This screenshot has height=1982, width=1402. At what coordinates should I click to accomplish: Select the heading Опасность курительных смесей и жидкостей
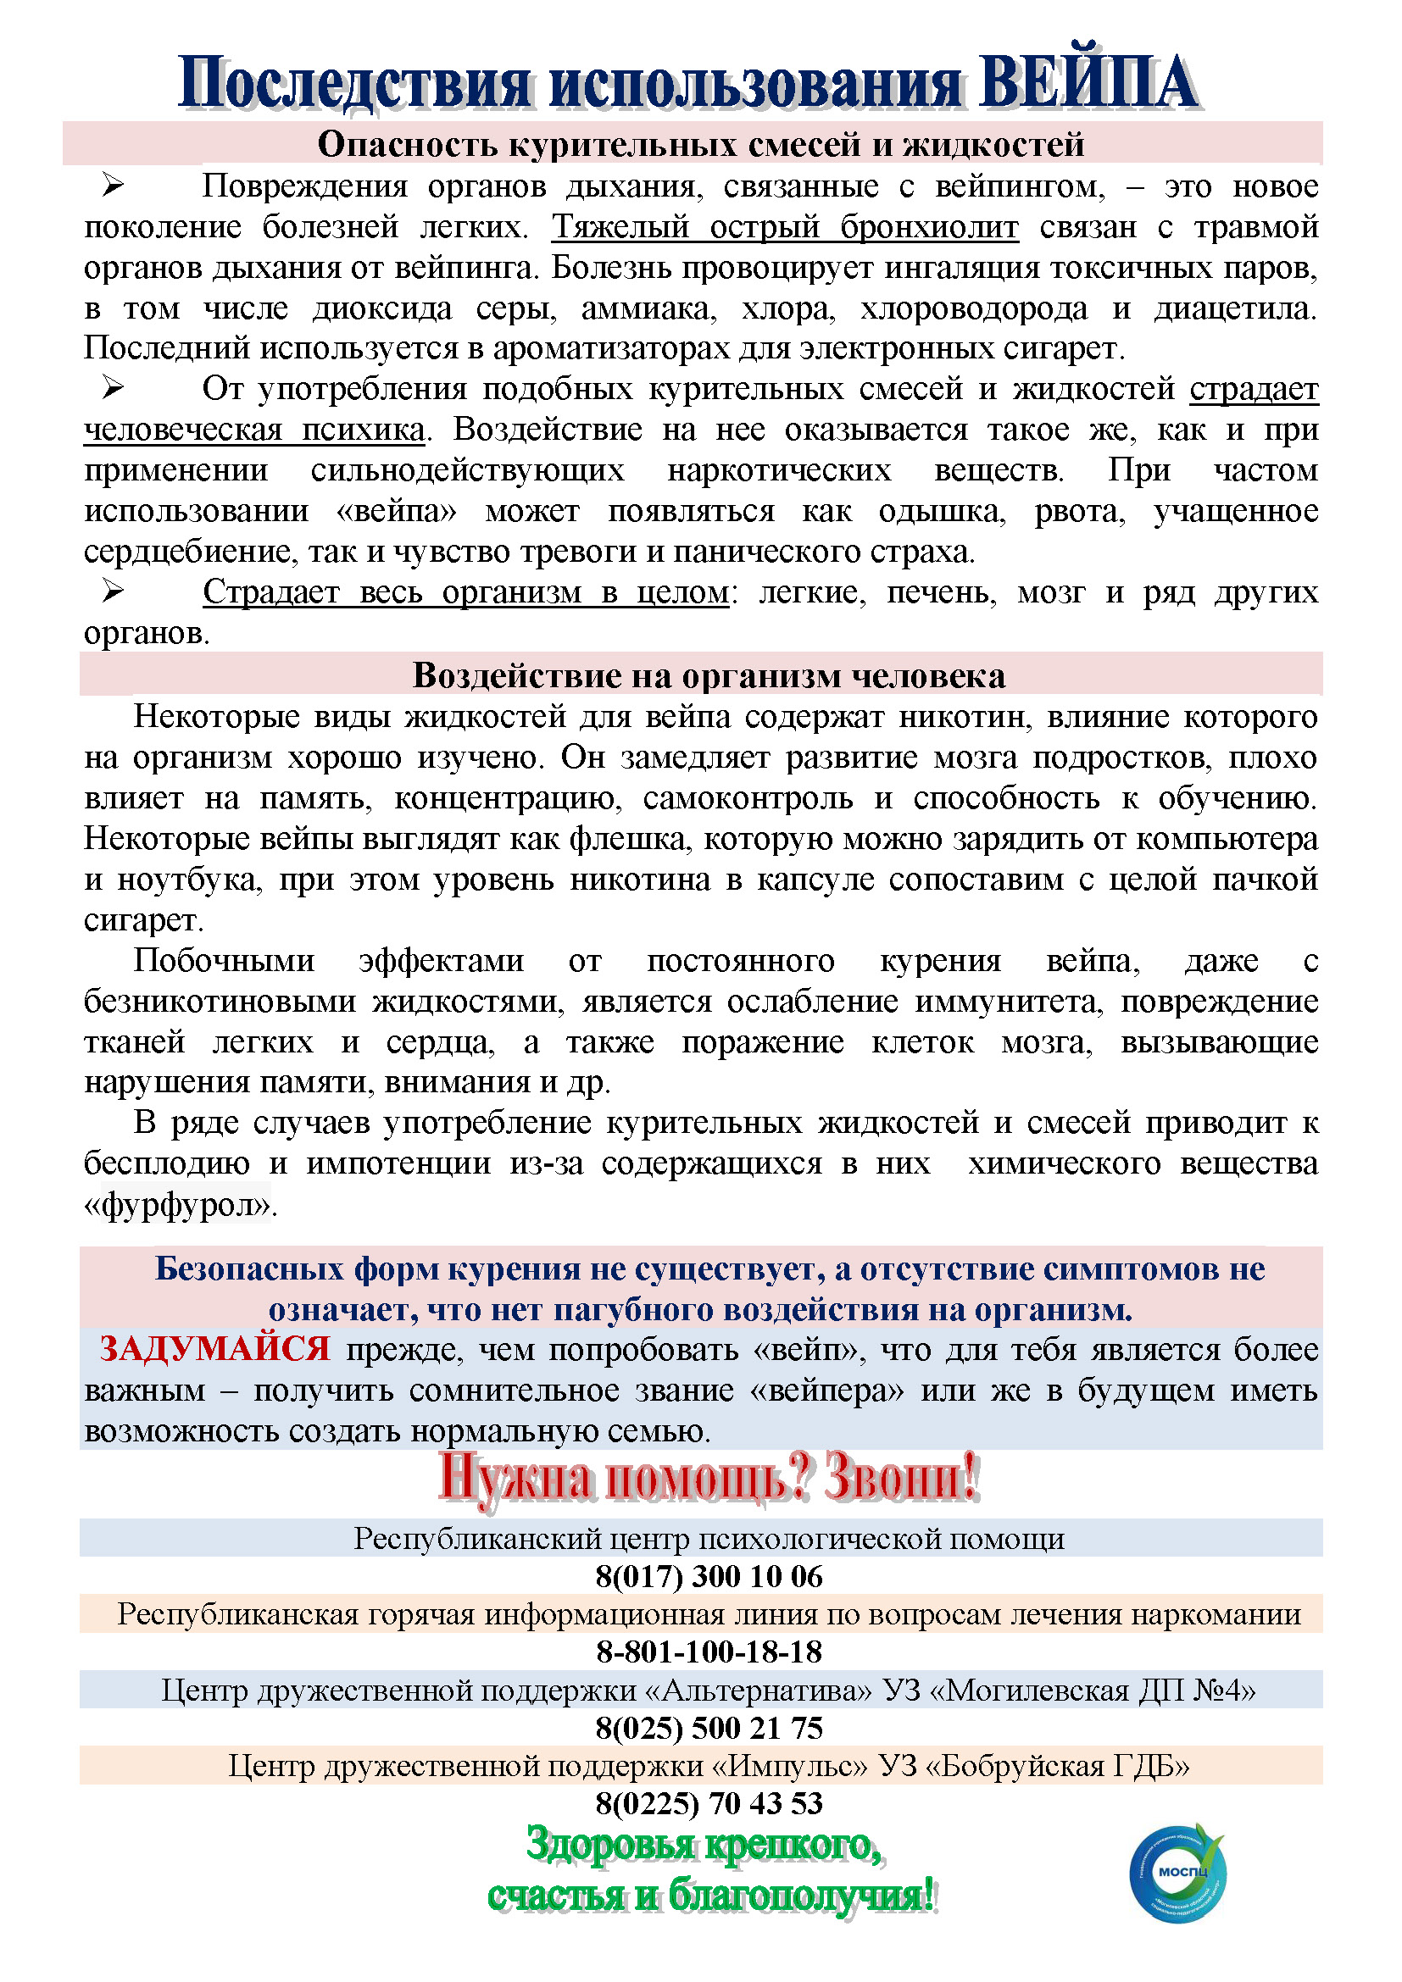click(x=700, y=144)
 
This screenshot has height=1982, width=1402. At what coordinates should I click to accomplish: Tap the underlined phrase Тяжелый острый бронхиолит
click(x=785, y=227)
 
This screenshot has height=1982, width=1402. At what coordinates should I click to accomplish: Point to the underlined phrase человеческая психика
click(x=253, y=430)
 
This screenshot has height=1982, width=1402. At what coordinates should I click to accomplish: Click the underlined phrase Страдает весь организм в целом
click(x=466, y=592)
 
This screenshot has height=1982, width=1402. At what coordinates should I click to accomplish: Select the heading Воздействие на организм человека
click(x=709, y=675)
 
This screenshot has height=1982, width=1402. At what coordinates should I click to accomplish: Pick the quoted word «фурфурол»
click(x=178, y=1205)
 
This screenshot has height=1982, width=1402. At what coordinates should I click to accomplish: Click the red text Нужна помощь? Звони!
click(x=709, y=1478)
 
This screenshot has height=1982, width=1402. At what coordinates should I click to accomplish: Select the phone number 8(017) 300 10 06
click(x=709, y=1576)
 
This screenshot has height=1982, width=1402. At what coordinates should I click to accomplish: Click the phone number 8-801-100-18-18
click(x=709, y=1652)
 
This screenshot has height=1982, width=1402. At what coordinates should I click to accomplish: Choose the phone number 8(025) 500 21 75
click(x=709, y=1727)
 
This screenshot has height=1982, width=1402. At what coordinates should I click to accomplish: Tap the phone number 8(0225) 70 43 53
click(x=709, y=1802)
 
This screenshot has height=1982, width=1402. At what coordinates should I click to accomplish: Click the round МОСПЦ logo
click(x=1177, y=1871)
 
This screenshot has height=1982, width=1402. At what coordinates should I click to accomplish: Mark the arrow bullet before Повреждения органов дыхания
click(x=113, y=185)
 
